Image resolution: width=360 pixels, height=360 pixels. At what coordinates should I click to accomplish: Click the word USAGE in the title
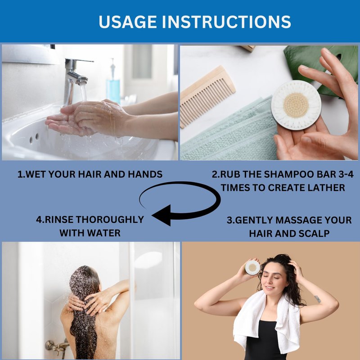[128, 22]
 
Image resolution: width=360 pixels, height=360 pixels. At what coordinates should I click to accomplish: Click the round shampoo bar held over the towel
[296, 105]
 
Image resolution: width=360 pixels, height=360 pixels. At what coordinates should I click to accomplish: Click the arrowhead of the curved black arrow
[162, 215]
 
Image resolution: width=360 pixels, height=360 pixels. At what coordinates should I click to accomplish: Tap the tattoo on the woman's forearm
[318, 299]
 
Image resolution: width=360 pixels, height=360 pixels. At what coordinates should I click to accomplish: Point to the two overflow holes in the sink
[34, 138]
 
